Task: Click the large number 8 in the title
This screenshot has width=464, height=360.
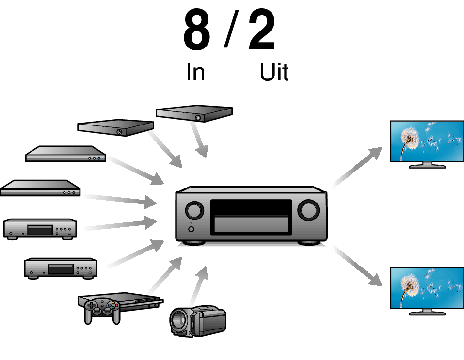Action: pyautogui.click(x=197, y=30)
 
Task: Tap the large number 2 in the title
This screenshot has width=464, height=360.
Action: pyautogui.click(x=262, y=30)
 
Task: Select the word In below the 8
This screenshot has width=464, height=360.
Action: pyautogui.click(x=195, y=72)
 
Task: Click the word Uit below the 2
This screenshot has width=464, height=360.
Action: pyautogui.click(x=274, y=72)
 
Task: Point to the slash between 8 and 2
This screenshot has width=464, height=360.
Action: pyautogui.click(x=231, y=29)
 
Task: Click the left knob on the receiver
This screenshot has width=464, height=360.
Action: pyautogui.click(x=194, y=210)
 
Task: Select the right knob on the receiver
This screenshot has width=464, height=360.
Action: pyautogui.click(x=308, y=210)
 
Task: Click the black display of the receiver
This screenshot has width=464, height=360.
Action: pyautogui.click(x=251, y=207)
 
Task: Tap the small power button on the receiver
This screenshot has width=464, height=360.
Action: pyautogui.click(x=191, y=229)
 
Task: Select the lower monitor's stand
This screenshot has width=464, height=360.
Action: pyautogui.click(x=427, y=312)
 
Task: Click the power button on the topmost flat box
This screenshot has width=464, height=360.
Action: pyautogui.click(x=198, y=117)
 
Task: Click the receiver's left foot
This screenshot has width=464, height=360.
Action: pyautogui.click(x=194, y=243)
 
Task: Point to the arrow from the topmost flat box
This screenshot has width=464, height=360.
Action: pyautogui.click(x=199, y=140)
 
